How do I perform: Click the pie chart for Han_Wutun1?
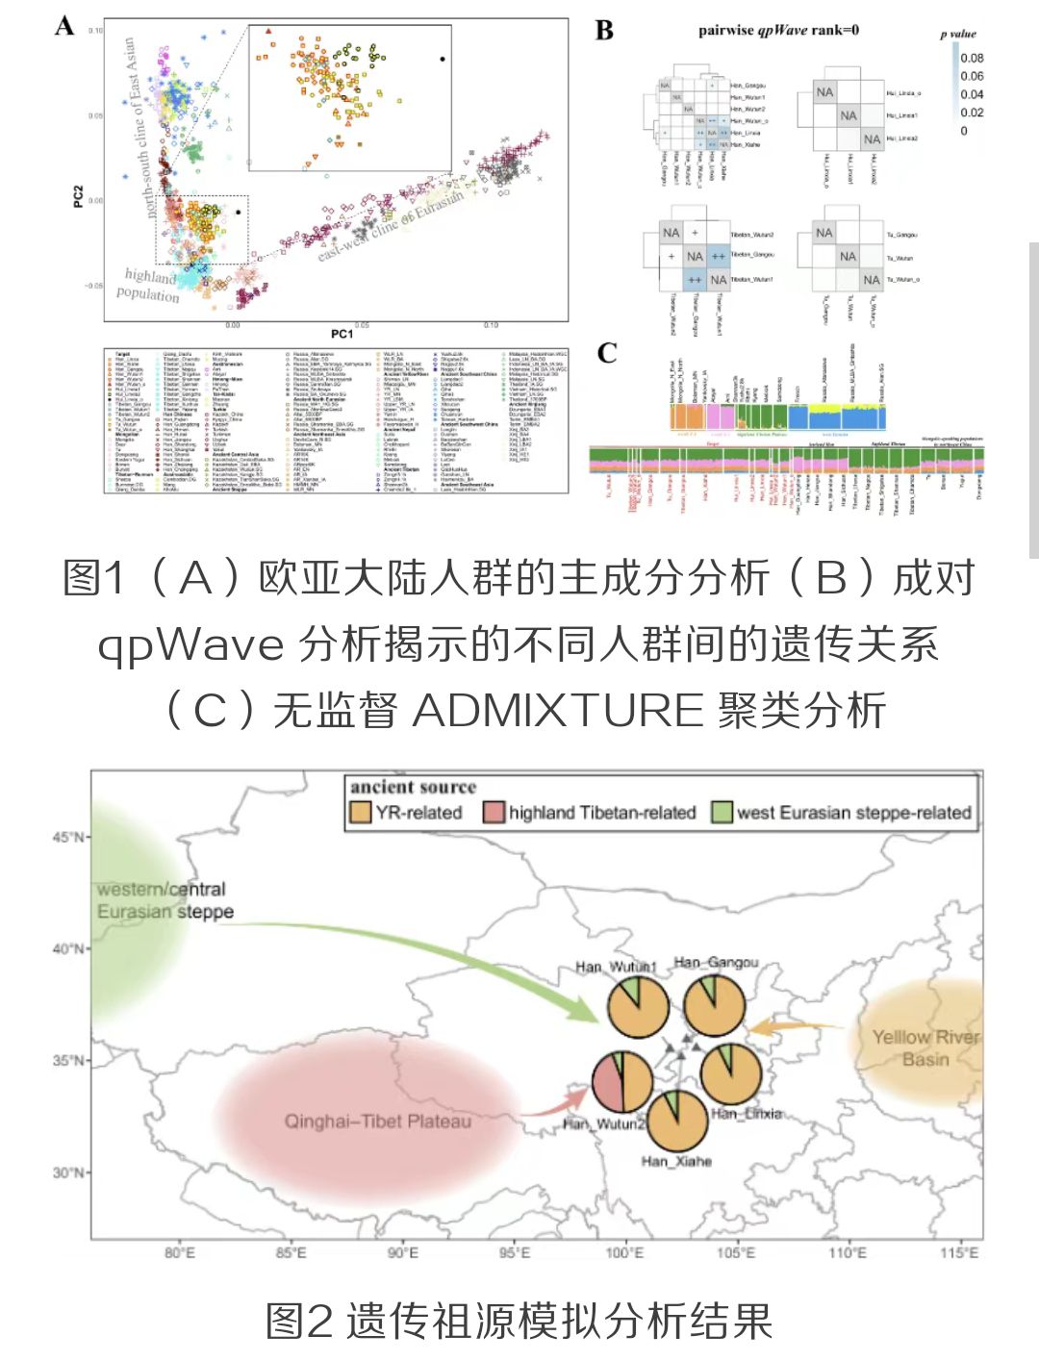click(638, 1006)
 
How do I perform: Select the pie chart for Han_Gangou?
click(714, 1005)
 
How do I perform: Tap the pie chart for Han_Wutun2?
click(621, 1081)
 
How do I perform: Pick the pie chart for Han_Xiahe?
click(677, 1120)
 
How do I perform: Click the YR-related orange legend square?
click(359, 813)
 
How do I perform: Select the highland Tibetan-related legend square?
click(494, 813)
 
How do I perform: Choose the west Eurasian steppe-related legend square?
click(722, 813)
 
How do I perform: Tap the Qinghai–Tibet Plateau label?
click(377, 1122)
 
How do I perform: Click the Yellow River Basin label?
click(925, 1047)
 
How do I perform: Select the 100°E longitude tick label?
click(624, 1252)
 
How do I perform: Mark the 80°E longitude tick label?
click(179, 1252)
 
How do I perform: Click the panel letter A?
click(64, 26)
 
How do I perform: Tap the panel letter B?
click(604, 30)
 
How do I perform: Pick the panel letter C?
click(606, 353)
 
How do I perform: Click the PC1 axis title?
click(342, 334)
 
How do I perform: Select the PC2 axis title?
click(79, 196)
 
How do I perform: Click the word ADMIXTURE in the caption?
click(558, 710)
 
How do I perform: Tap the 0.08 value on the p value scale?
click(972, 58)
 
